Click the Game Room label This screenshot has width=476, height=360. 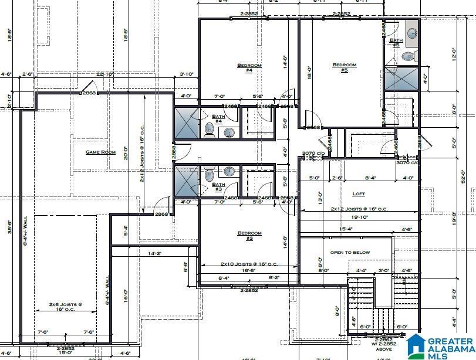coord(100,152)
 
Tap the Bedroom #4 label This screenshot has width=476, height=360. coord(249,67)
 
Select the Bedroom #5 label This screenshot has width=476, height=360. coord(345,67)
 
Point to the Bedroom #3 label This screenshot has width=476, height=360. coord(249,236)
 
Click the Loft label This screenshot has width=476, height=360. coord(359,194)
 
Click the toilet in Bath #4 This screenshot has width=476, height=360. coord(209,130)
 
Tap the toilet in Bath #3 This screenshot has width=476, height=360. coord(209,175)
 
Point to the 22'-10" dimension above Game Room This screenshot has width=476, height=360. coord(104,74)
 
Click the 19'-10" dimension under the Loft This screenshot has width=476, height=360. coord(360,217)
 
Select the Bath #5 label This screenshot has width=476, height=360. coord(395,43)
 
